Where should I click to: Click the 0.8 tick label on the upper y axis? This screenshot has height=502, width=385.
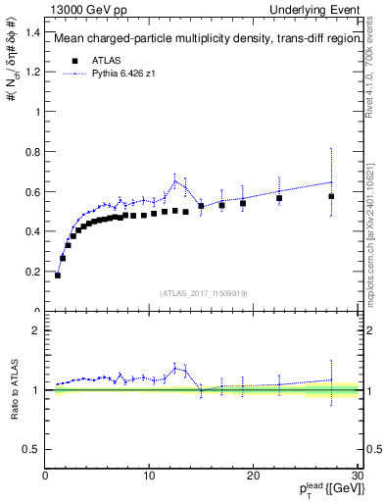(31, 151)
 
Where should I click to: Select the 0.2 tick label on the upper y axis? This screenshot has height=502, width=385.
(31, 272)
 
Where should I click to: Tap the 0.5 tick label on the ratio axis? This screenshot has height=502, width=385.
(31, 449)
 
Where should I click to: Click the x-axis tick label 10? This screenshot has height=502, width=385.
(149, 477)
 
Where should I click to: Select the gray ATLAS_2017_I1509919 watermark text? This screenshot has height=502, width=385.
(204, 293)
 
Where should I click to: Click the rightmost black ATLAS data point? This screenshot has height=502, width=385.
(331, 196)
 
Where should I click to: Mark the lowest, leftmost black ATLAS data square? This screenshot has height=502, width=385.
(58, 276)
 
